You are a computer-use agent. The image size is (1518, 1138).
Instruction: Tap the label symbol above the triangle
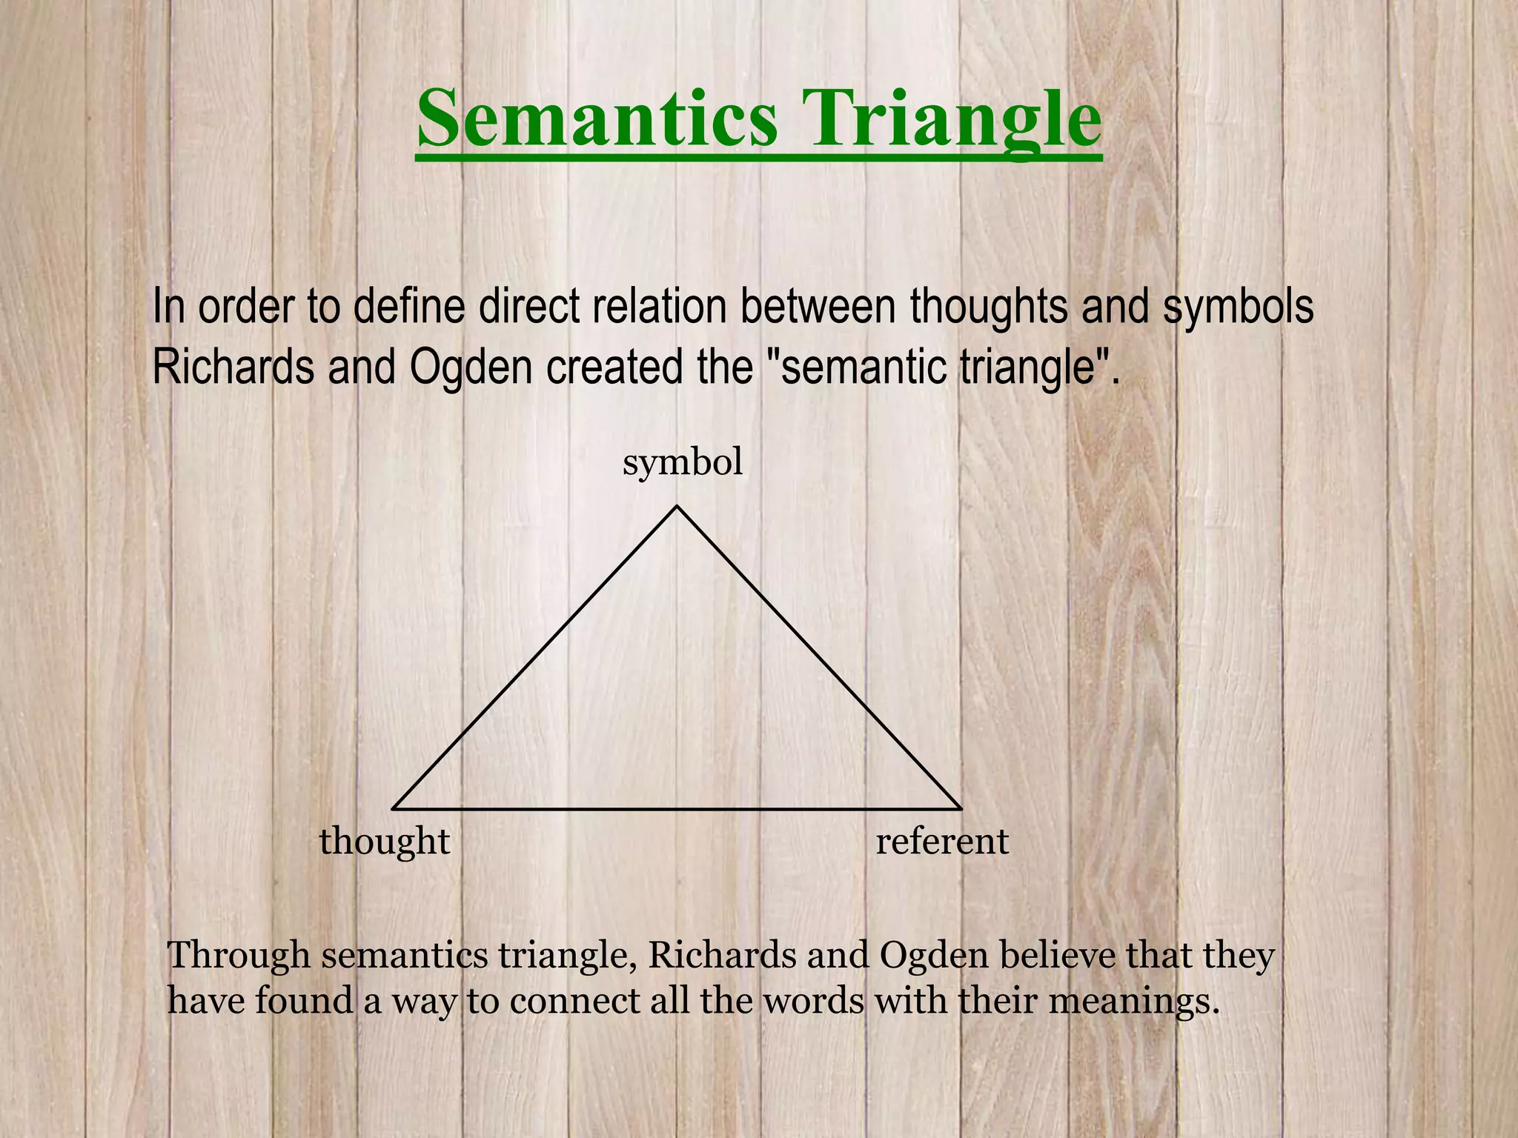tap(683, 463)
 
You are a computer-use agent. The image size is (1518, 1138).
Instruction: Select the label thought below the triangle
tap(385, 842)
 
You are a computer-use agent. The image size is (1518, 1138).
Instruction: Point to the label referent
tap(942, 842)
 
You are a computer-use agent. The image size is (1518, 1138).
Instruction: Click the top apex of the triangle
tap(677, 507)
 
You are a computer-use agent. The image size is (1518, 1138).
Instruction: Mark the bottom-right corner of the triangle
tap(960, 808)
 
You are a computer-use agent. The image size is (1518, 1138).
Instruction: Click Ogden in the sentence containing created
tap(470, 367)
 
